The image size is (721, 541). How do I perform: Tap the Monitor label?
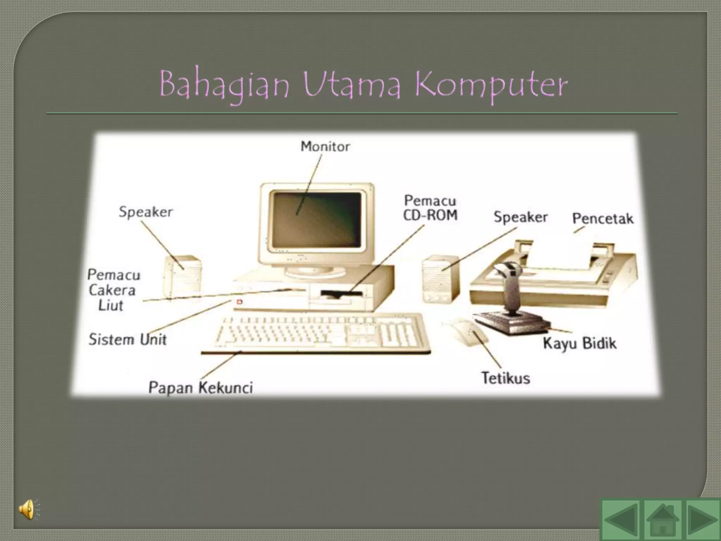coord(325,146)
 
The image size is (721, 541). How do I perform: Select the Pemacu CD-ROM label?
coord(430,208)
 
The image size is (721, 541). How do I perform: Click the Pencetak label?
coord(602,219)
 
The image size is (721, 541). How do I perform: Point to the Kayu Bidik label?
coord(579,343)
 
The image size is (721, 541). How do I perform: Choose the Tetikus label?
coord(505,378)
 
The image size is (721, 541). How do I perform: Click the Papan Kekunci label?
coord(200,388)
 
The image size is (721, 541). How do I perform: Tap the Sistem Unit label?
coord(127,340)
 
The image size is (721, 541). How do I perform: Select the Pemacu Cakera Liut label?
coord(112,290)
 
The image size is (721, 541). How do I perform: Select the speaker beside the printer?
coord(441,279)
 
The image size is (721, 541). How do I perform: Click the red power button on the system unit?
coord(240,302)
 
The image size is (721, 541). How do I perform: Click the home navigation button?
coord(663,520)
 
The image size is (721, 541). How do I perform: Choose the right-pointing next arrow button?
coord(701,520)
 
